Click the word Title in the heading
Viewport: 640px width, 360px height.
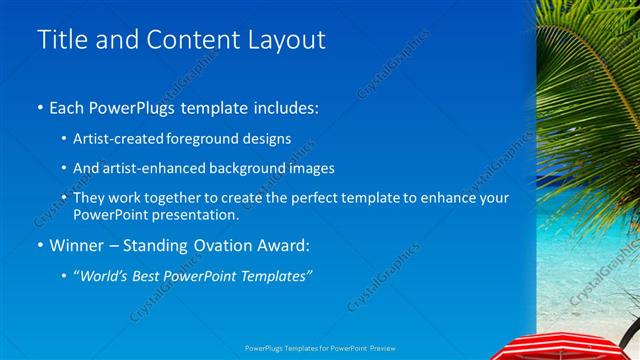(62, 40)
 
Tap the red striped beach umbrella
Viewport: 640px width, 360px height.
(574, 346)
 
